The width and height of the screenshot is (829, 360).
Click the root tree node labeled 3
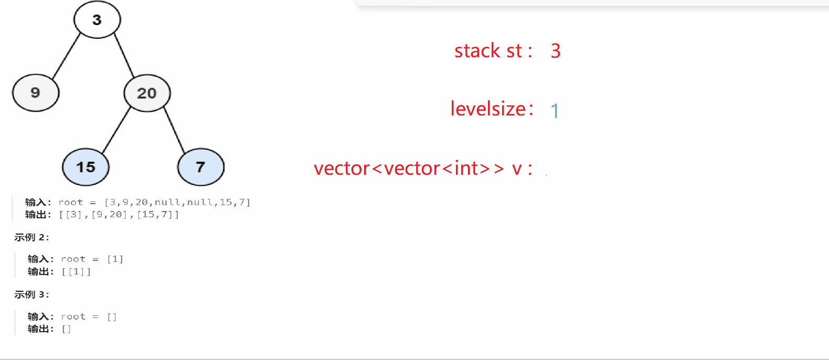pos(97,20)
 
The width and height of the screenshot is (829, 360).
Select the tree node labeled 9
pos(36,93)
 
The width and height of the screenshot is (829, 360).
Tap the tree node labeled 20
pos(147,93)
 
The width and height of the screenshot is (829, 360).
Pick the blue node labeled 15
pos(86,167)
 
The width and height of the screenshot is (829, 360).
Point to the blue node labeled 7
pos(200,167)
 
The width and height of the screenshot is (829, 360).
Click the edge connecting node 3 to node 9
pos(66,56)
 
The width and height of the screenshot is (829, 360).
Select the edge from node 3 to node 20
pos(124,56)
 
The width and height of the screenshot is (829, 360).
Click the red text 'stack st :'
pos(493,51)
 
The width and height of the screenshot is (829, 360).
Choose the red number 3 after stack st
pos(556,51)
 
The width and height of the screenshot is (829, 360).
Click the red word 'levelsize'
pos(488,109)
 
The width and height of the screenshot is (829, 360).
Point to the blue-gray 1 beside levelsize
pos(555,111)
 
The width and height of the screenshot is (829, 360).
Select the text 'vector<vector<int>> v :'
pos(422,168)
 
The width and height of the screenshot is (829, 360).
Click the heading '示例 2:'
pos(31,237)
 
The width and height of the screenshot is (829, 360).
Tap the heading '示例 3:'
pos(31,294)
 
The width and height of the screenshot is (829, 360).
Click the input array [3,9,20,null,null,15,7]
pos(177,202)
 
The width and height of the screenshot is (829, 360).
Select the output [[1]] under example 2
pos(76,271)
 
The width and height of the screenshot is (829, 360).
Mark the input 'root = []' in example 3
pos(89,316)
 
